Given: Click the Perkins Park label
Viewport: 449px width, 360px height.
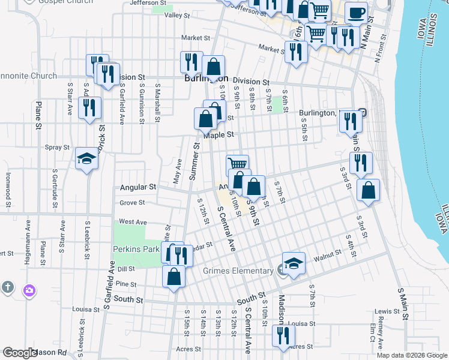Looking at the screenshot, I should (x=135, y=248).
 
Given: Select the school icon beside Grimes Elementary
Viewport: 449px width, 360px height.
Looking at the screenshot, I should (x=294, y=263).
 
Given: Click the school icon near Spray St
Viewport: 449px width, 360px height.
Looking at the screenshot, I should (x=87, y=159).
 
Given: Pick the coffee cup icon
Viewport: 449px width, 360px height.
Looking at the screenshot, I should (x=356, y=13).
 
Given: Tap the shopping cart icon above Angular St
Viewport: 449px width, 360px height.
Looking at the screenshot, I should (x=238, y=163).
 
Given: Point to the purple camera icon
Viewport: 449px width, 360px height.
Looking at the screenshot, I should (x=29, y=290).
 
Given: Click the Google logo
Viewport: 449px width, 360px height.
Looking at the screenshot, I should (x=19, y=353).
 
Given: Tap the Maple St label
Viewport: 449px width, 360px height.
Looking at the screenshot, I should (x=217, y=135).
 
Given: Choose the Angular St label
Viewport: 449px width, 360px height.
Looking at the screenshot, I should (x=137, y=187).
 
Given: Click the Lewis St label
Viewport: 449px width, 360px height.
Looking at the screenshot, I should (x=387, y=311).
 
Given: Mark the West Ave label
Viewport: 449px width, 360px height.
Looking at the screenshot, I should (x=133, y=221).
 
